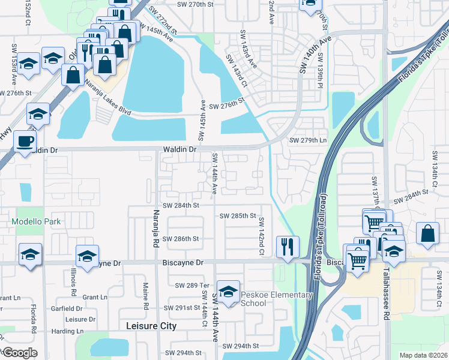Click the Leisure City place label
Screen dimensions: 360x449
152,326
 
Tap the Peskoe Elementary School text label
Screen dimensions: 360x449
277,299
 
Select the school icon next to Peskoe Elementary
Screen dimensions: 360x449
228,292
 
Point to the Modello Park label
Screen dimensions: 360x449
36,222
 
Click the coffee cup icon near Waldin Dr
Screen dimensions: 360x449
25,142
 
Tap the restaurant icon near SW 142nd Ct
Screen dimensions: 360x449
288,247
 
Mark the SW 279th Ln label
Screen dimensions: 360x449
308,140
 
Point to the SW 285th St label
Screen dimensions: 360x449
238,216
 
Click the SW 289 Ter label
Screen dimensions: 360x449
190,285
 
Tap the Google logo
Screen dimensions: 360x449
19,353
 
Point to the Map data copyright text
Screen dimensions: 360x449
423,355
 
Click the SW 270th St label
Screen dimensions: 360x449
196,4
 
